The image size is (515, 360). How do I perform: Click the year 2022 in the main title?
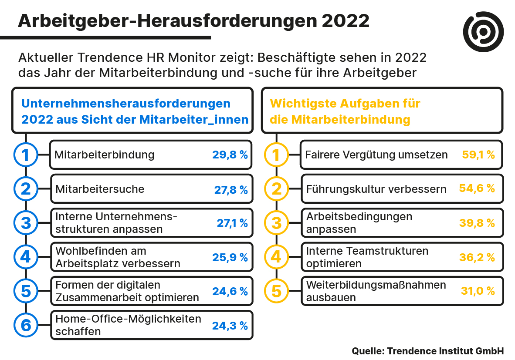pyautogui.click(x=346, y=20)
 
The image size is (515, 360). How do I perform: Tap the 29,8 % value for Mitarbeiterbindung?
pyautogui.click(x=230, y=155)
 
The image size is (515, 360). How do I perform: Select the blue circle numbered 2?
pyautogui.click(x=26, y=189)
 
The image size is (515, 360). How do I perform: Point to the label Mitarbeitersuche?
pyautogui.click(x=100, y=189)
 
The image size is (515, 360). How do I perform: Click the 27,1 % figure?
pyautogui.click(x=232, y=223)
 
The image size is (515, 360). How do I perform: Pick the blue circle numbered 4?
pyautogui.click(x=26, y=257)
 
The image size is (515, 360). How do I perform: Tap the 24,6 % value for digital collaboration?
pyautogui.click(x=230, y=291)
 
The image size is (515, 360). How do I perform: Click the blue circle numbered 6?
pyautogui.click(x=26, y=325)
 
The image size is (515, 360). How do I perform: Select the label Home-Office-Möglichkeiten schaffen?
pyautogui.click(x=128, y=325)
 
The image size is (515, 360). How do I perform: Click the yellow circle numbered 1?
pyautogui.click(x=277, y=155)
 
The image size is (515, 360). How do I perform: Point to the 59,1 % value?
pyautogui.click(x=478, y=155)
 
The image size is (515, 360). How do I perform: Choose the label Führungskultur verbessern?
pyautogui.click(x=376, y=189)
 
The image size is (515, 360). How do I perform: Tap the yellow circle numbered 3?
pyautogui.click(x=277, y=223)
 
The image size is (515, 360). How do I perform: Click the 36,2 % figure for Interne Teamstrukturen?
pyautogui.click(x=477, y=257)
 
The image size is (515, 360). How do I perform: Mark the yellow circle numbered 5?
pyautogui.click(x=277, y=291)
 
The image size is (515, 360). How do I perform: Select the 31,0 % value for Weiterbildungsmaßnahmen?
pyautogui.click(x=478, y=291)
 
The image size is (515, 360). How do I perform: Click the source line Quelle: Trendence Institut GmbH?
pyautogui.click(x=427, y=351)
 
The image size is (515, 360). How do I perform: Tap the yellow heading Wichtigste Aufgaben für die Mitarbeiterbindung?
pyautogui.click(x=345, y=111)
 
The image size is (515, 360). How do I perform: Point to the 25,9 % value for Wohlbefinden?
pyautogui.click(x=230, y=257)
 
